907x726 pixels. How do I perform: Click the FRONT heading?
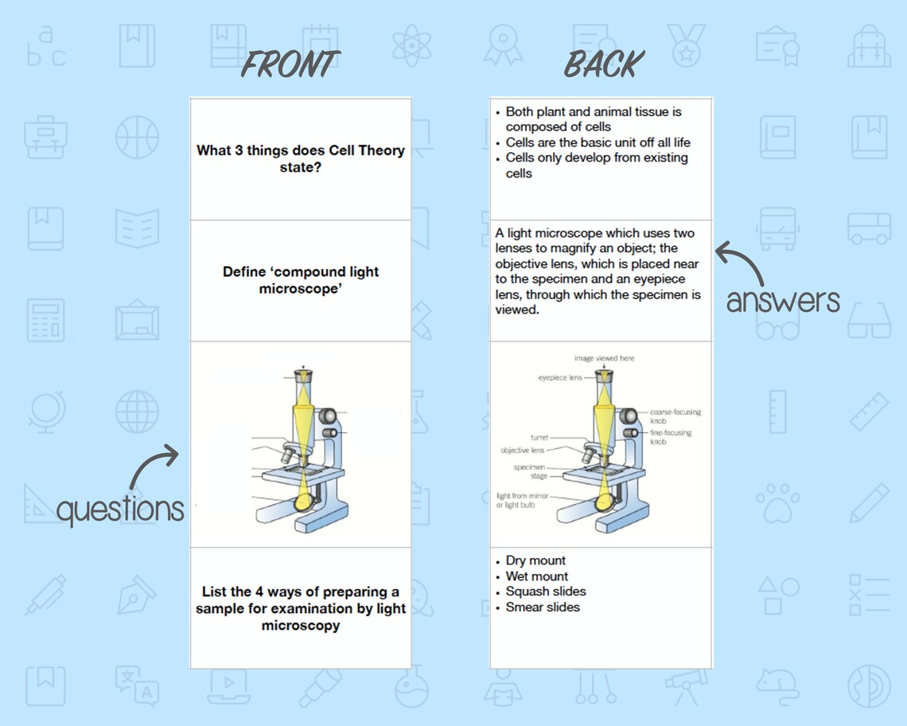coord(290,64)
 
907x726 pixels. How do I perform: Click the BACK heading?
coord(604,64)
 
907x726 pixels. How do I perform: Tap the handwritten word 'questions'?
coord(120,509)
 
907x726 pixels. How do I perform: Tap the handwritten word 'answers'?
coord(783,300)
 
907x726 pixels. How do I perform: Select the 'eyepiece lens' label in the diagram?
coord(560,377)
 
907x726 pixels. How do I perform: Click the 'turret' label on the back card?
coord(539,438)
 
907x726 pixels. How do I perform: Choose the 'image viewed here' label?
coord(604,359)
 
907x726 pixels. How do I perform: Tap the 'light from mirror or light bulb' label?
coord(522,500)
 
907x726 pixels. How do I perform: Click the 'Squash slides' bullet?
coord(546,591)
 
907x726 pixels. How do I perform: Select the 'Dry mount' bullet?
coord(535,560)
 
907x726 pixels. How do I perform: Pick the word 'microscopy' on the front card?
coord(301,626)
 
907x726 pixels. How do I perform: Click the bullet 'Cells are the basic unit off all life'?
coord(598,142)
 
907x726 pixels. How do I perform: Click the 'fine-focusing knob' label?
coord(670,436)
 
